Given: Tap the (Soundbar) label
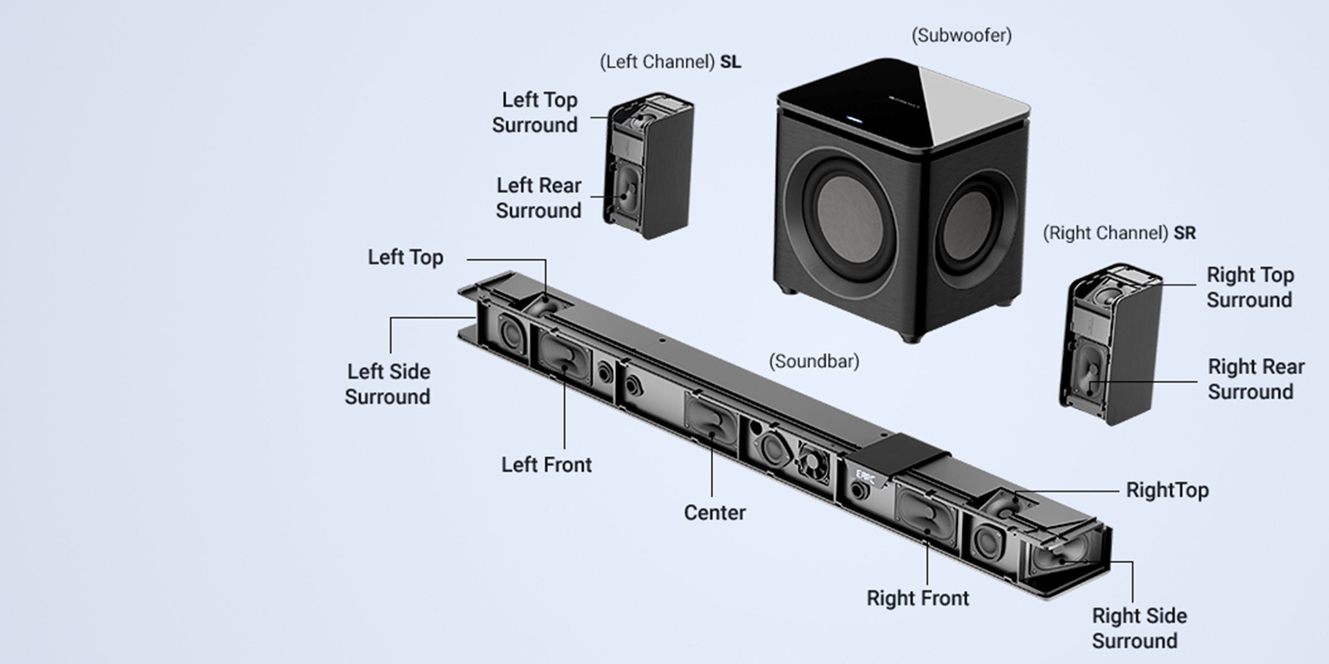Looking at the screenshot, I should click(x=814, y=361).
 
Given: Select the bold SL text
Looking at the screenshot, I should click(x=731, y=62).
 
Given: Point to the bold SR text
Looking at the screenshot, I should click(x=1184, y=233).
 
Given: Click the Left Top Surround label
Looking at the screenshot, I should click(x=535, y=112).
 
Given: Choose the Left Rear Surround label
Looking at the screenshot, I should click(x=539, y=198).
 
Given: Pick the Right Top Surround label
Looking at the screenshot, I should click(x=1250, y=287).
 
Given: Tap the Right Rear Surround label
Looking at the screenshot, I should click(x=1256, y=379).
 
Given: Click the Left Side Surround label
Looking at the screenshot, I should click(x=388, y=384).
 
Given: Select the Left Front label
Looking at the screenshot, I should click(x=547, y=464).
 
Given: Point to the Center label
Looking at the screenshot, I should click(x=714, y=513).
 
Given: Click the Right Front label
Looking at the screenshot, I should click(x=918, y=598).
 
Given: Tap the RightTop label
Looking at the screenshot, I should click(x=1167, y=490).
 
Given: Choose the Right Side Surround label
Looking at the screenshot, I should click(x=1139, y=628).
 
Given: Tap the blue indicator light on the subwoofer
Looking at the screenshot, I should click(x=854, y=120).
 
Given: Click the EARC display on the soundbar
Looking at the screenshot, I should click(x=865, y=477).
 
